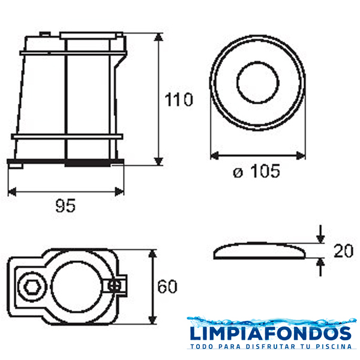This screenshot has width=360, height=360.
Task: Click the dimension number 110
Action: [179, 100]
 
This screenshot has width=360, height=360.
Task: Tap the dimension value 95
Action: [65, 206]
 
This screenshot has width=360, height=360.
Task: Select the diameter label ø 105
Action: [256, 171]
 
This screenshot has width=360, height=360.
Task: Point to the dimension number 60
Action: [167, 287]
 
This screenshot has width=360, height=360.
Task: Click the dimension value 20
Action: [343, 251]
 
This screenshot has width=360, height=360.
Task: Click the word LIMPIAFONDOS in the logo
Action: [271, 333]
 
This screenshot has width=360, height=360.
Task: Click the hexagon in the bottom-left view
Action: [32, 287]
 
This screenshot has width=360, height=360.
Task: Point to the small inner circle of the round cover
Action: [257, 82]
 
